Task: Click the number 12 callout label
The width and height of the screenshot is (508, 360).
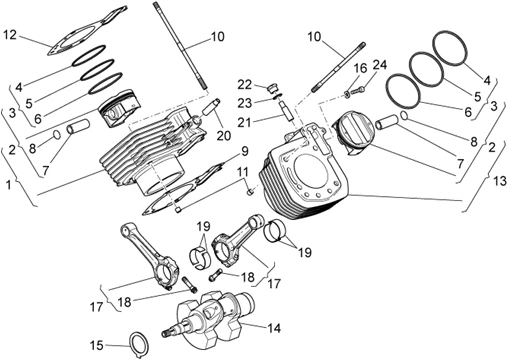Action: pos(10,36)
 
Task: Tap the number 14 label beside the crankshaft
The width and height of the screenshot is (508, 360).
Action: pos(273,326)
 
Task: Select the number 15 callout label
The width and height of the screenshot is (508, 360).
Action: pos(96,345)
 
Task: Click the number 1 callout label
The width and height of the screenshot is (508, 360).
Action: pos(8,185)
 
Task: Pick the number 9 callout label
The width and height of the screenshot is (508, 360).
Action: pos(243,152)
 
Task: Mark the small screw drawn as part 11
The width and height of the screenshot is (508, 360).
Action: pos(251,192)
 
